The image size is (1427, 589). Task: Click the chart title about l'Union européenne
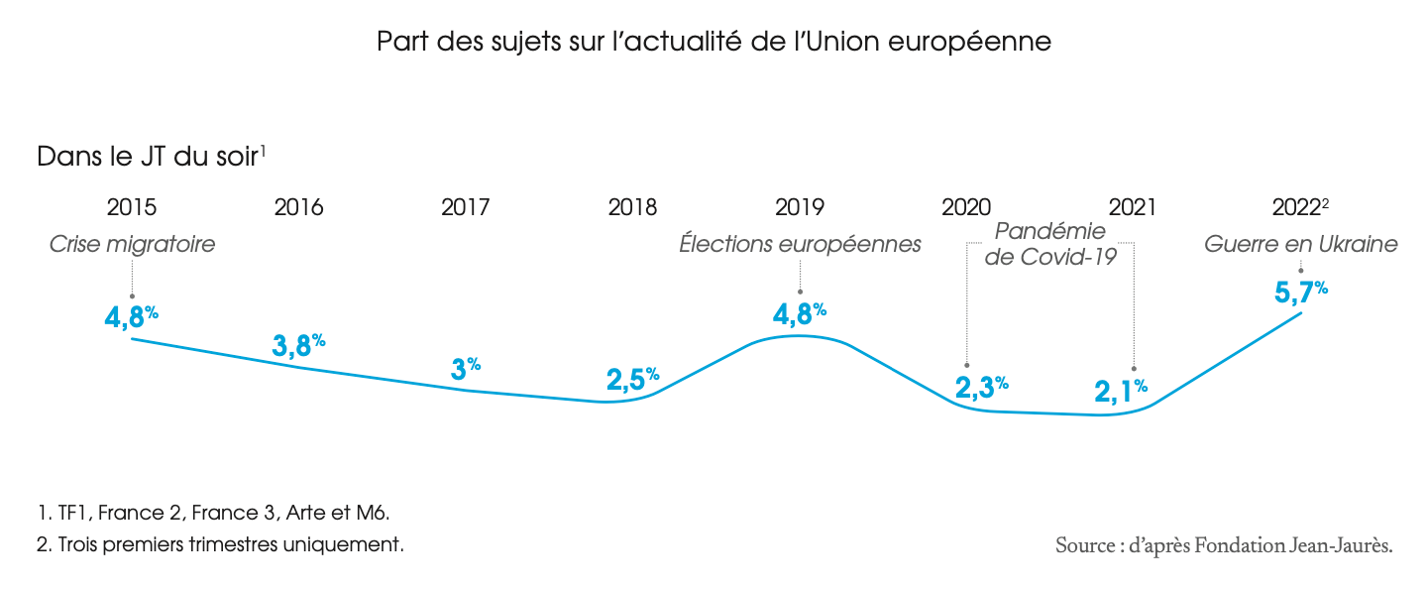[713, 43]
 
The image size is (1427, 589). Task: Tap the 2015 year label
[132, 208]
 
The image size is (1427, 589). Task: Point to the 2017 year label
[466, 208]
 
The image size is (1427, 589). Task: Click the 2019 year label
[800, 208]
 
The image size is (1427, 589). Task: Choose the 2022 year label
[1299, 208]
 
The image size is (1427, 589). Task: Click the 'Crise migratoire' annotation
[132, 244]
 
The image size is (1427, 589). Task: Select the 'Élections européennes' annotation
[800, 244]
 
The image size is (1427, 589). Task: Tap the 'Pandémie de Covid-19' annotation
[1049, 244]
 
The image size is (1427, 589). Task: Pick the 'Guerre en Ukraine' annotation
[1300, 244]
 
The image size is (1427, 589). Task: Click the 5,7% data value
[1299, 294]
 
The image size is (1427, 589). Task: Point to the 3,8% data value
[298, 345]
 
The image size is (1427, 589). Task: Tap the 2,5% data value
[632, 379]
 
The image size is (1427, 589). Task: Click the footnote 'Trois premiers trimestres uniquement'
[220, 545]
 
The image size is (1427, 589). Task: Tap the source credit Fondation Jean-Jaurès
[1224, 545]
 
